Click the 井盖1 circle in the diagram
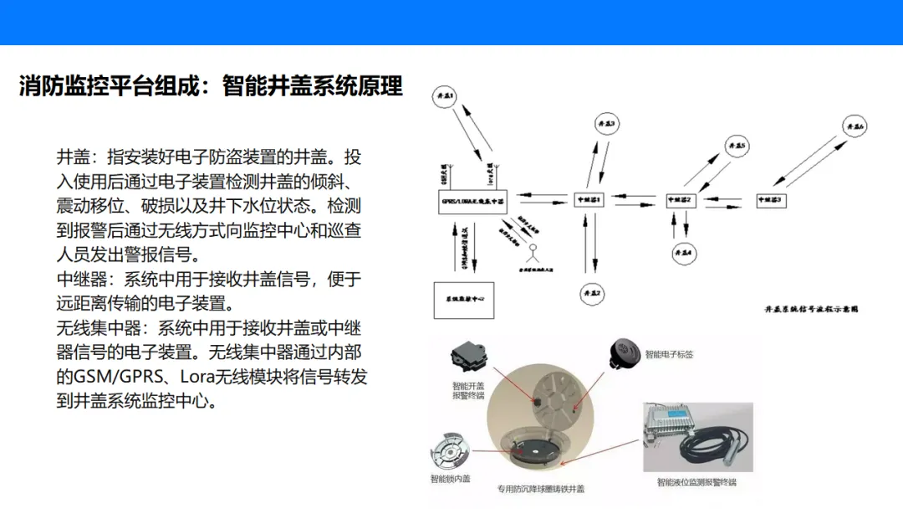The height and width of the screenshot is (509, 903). (x=445, y=98)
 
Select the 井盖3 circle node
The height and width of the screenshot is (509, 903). (x=606, y=124)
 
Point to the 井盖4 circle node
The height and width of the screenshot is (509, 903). (x=683, y=251)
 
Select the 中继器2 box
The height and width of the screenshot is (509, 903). (x=681, y=200)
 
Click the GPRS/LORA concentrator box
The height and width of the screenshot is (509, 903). (x=472, y=201)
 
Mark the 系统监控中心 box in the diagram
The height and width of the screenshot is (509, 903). (x=462, y=300)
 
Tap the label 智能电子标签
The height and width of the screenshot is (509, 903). (x=669, y=354)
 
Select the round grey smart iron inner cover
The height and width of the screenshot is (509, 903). (x=451, y=453)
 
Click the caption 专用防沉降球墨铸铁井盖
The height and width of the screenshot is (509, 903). (x=540, y=489)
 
